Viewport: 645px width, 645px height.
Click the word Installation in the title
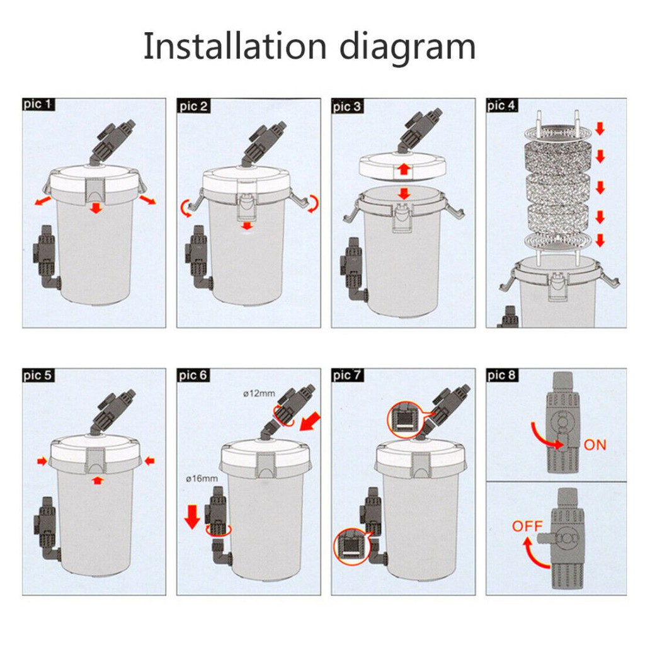point(235,46)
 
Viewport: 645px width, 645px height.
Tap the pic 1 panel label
point(38,104)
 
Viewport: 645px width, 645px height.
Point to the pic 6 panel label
point(193,375)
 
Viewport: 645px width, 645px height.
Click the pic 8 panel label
point(501,375)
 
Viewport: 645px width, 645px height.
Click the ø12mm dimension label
point(259,393)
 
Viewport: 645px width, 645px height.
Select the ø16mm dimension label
point(202,479)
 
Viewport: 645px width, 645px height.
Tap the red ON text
point(595,445)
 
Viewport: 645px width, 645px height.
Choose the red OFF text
point(527,526)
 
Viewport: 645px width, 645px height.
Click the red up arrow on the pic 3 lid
point(404,169)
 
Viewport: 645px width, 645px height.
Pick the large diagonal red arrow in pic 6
point(311,421)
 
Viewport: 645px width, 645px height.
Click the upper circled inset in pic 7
point(405,420)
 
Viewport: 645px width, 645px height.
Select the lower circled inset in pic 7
point(351,547)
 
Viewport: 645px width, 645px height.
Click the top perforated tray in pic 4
point(558,132)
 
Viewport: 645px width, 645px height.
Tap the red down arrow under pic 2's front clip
point(247,226)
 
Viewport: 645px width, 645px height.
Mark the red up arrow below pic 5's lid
point(97,480)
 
